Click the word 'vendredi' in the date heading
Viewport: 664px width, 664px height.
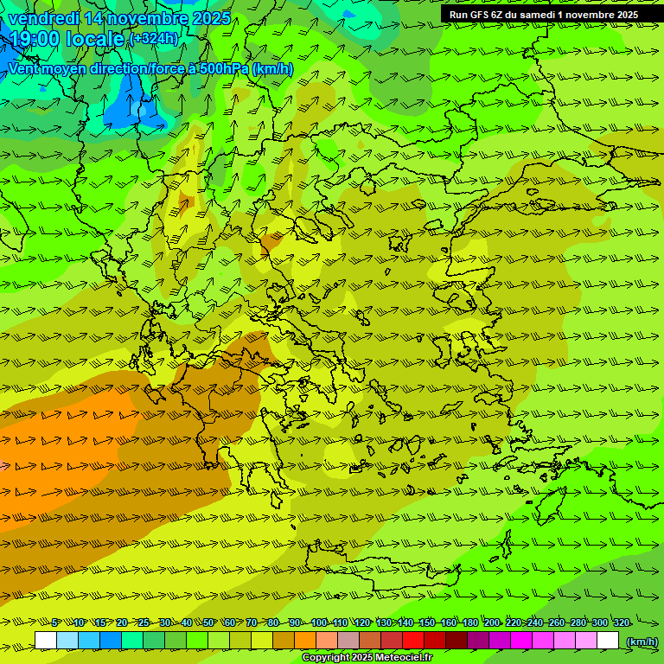44,18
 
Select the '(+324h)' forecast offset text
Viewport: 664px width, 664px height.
155,38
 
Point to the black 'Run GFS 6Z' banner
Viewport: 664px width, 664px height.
544,15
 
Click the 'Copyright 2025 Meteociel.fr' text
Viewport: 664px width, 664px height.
367,658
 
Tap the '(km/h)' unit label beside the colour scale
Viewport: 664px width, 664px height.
642,641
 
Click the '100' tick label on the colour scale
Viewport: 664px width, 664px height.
319,623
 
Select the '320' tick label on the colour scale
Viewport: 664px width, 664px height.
621,623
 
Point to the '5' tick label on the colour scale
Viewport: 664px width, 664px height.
55,623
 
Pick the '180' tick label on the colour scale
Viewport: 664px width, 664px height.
469,623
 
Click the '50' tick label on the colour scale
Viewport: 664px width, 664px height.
208,623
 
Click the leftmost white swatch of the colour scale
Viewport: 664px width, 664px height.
46,641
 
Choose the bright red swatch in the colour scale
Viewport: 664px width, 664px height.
413,641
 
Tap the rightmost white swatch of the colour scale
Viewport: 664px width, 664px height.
608,641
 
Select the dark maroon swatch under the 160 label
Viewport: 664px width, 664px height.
456,641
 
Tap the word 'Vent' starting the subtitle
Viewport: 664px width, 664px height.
24,68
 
